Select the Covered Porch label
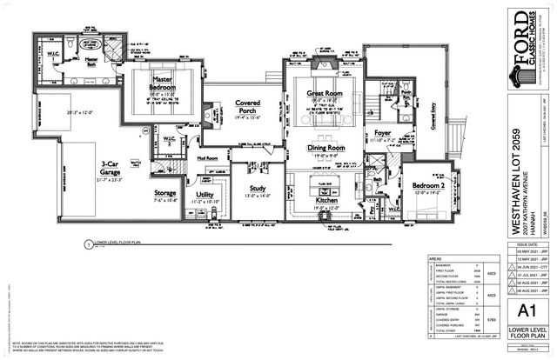click(x=251, y=107)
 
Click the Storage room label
click(x=165, y=192)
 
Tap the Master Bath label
click(x=83, y=59)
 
